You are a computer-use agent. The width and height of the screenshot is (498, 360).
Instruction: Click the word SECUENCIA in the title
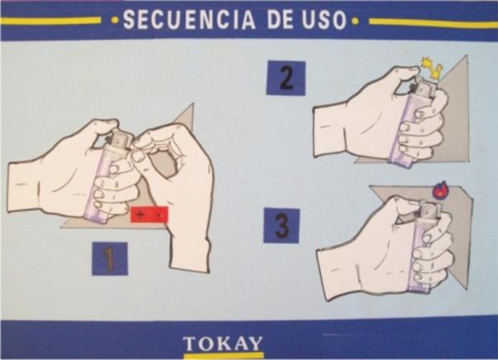(x=189, y=20)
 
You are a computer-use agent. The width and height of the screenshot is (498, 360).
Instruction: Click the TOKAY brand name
(x=223, y=343)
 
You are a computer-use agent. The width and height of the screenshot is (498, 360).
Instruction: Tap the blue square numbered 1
(x=110, y=258)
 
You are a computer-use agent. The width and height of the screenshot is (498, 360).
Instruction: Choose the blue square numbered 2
(x=286, y=78)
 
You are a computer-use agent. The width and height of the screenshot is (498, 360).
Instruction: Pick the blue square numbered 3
(x=282, y=225)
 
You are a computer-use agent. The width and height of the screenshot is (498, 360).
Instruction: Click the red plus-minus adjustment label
(x=149, y=215)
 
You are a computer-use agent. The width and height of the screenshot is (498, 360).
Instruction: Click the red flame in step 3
(x=440, y=190)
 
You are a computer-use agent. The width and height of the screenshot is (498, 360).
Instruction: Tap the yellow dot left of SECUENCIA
(x=115, y=21)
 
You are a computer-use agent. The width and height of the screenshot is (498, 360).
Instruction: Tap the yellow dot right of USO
(x=356, y=22)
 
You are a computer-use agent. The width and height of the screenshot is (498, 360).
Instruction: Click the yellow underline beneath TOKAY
(x=224, y=353)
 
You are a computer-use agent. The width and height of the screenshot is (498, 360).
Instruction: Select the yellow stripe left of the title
(x=50, y=21)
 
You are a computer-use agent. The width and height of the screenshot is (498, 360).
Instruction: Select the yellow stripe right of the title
(x=433, y=22)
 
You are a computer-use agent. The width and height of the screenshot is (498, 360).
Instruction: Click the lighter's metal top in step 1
(x=121, y=141)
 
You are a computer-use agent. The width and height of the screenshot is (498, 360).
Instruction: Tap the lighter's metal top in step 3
(x=430, y=209)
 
